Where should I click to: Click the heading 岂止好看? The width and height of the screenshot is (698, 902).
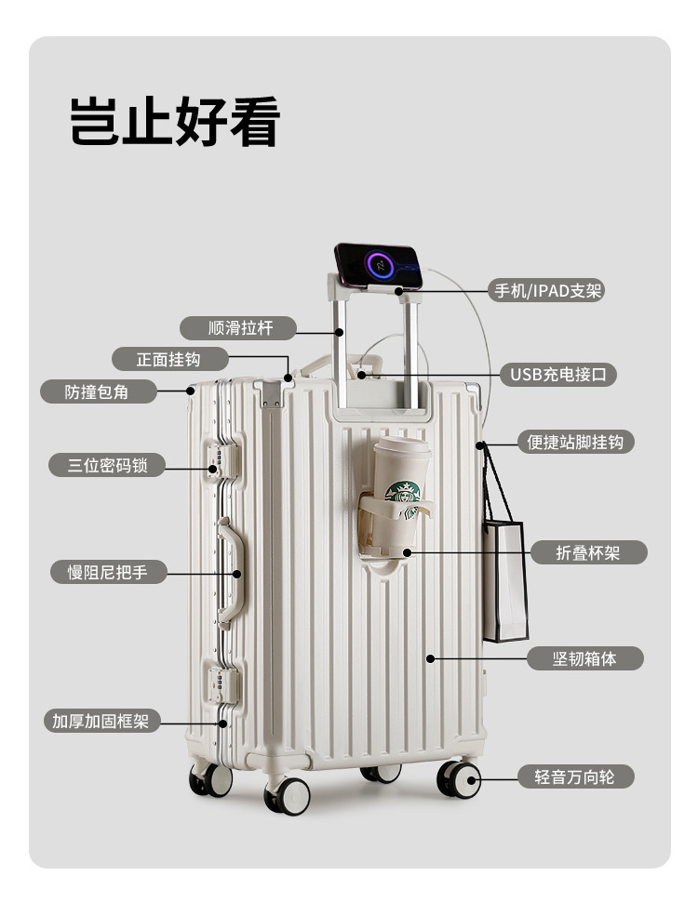pos(175,120)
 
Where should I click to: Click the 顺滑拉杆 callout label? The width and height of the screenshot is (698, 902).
pos(238,327)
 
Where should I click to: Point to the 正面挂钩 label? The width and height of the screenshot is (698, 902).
pos(168,359)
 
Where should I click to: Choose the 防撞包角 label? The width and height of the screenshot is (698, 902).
pos(97,391)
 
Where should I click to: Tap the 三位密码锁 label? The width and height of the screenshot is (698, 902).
pos(107,465)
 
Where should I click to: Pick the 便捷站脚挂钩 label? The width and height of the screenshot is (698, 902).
pos(575,442)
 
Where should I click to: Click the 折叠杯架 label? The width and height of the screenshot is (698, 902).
pos(587,552)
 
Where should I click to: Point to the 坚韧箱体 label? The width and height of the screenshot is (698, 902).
pos(585,658)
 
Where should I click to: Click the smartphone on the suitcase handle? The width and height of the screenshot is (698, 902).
pos(379,265)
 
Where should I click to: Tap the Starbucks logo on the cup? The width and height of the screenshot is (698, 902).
pos(403,493)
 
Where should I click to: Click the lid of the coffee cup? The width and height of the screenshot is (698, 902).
pos(402,448)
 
